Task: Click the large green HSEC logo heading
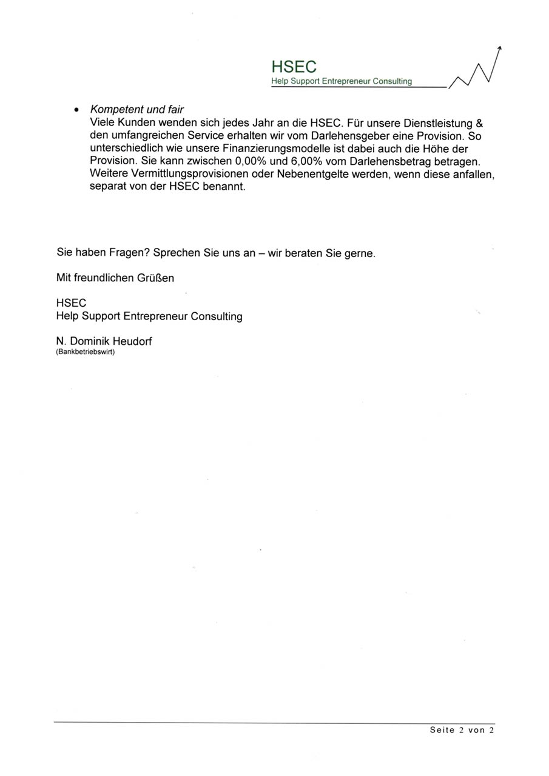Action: click(x=294, y=67)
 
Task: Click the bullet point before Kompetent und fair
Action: click(x=76, y=110)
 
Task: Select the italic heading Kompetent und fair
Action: click(x=136, y=110)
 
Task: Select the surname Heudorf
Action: click(x=133, y=341)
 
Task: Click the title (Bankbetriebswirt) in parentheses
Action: click(x=85, y=352)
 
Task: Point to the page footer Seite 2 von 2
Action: click(x=462, y=731)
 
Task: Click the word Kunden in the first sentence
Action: click(x=137, y=123)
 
